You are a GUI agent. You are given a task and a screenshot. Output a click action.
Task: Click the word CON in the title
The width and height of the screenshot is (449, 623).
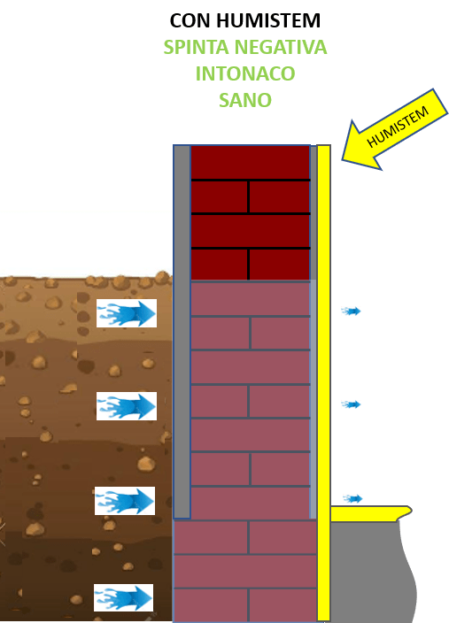click(x=190, y=20)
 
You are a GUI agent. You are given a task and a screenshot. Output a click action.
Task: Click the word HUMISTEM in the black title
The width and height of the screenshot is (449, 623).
click(x=268, y=20)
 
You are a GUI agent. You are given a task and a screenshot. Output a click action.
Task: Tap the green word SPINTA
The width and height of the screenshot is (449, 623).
click(x=196, y=47)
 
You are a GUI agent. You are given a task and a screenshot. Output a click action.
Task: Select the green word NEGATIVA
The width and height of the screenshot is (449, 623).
click(x=281, y=47)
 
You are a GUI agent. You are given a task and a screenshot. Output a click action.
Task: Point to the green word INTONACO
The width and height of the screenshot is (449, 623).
click(x=245, y=73)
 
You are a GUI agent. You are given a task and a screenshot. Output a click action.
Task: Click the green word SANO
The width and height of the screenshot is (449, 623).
click(x=245, y=100)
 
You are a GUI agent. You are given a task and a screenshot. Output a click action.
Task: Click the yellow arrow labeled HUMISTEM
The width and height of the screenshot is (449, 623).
click(x=394, y=130)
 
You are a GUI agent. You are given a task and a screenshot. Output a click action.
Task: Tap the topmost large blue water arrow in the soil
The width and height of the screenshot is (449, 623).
click(x=127, y=313)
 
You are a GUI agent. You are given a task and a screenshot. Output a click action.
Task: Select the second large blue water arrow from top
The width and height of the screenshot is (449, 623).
click(x=127, y=406)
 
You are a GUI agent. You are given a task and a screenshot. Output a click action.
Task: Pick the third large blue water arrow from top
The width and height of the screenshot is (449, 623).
click(x=125, y=501)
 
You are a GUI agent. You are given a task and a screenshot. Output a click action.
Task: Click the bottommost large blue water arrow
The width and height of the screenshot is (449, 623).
click(x=124, y=597)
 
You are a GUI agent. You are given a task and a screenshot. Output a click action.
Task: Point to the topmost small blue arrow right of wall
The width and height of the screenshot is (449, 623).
click(x=351, y=311)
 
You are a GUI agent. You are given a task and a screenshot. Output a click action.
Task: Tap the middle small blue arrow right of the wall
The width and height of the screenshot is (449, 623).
click(x=351, y=404)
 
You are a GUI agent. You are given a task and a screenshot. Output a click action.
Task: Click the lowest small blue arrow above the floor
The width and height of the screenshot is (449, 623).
click(x=352, y=498)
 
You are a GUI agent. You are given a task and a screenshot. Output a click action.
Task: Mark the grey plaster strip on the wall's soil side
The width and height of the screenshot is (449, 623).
click(x=182, y=332)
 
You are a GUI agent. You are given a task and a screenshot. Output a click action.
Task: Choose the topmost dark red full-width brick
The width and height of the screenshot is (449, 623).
click(x=251, y=163)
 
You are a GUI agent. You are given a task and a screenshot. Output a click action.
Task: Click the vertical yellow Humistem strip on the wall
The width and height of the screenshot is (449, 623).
click(x=324, y=382)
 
